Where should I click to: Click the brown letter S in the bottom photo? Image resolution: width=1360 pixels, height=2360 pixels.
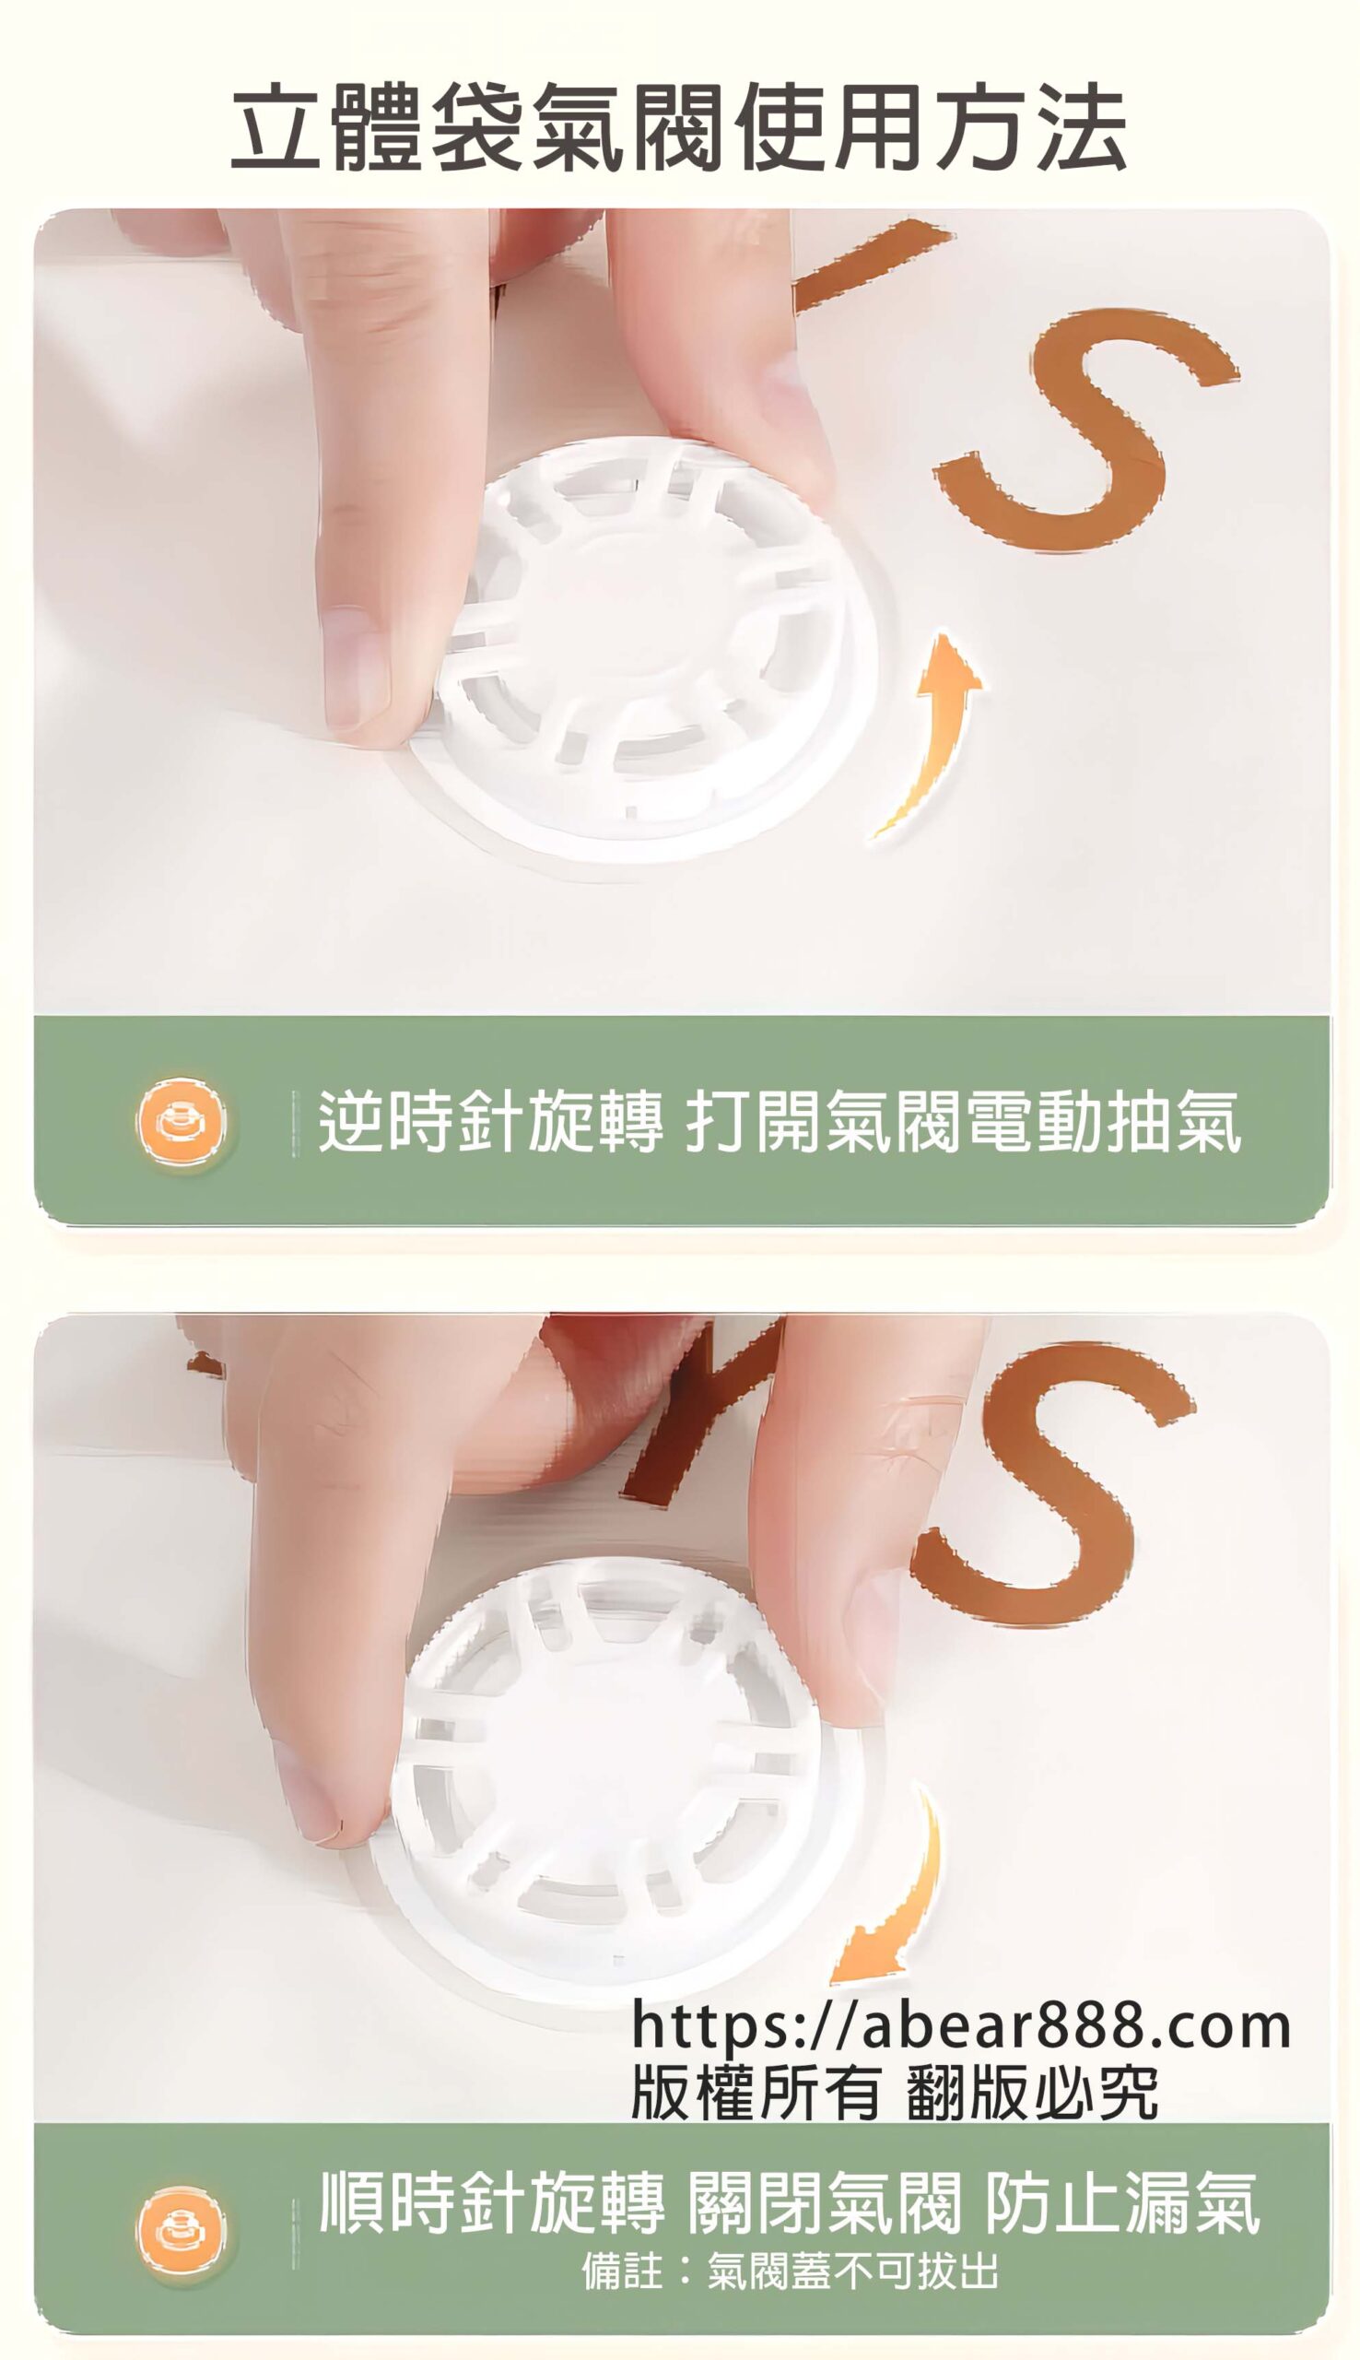pos(1050,1485)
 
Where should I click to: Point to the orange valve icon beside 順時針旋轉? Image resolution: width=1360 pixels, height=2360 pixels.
pos(182,2230)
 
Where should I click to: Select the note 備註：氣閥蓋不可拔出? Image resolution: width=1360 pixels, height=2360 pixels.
pos(791,2271)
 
